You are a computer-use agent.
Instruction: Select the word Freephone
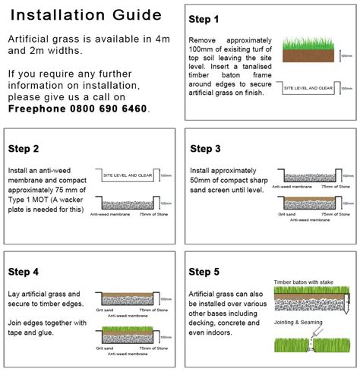[33, 109]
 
